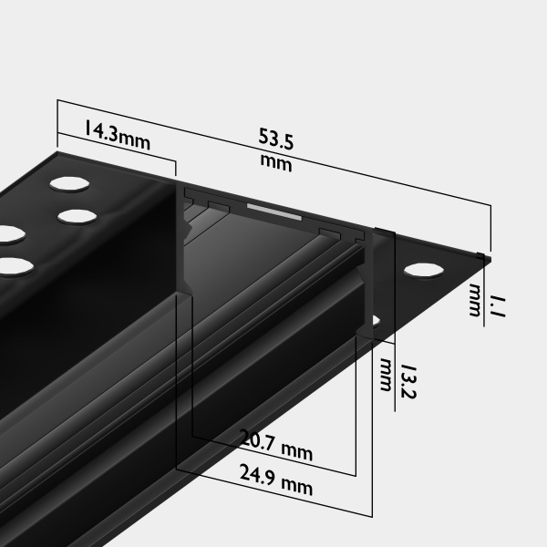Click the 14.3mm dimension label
click(117, 134)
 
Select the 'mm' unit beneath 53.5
click(275, 164)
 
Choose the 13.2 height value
click(408, 381)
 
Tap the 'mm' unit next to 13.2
click(386, 374)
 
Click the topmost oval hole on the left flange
click(69, 184)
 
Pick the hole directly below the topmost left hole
click(78, 217)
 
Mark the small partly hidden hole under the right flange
click(376, 321)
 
